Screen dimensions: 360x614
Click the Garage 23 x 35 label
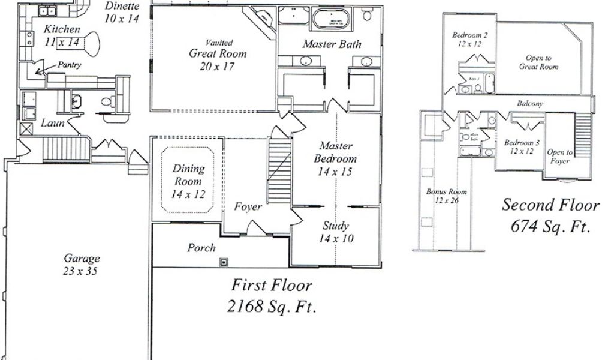click(x=82, y=265)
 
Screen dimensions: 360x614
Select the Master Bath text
click(x=332, y=44)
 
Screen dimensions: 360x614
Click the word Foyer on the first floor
click(x=248, y=207)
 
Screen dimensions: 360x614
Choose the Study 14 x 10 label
click(x=336, y=232)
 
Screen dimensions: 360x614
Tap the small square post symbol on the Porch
click(x=224, y=262)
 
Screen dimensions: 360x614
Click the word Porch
click(x=201, y=247)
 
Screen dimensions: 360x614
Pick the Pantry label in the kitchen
click(x=70, y=65)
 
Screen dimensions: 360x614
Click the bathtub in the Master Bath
click(x=332, y=20)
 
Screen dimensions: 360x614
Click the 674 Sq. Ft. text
click(x=550, y=227)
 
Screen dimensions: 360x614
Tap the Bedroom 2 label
click(x=469, y=40)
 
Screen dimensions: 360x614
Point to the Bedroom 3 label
click(x=521, y=147)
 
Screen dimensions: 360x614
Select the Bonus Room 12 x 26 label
click(x=447, y=196)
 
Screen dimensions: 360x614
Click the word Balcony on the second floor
click(x=530, y=104)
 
